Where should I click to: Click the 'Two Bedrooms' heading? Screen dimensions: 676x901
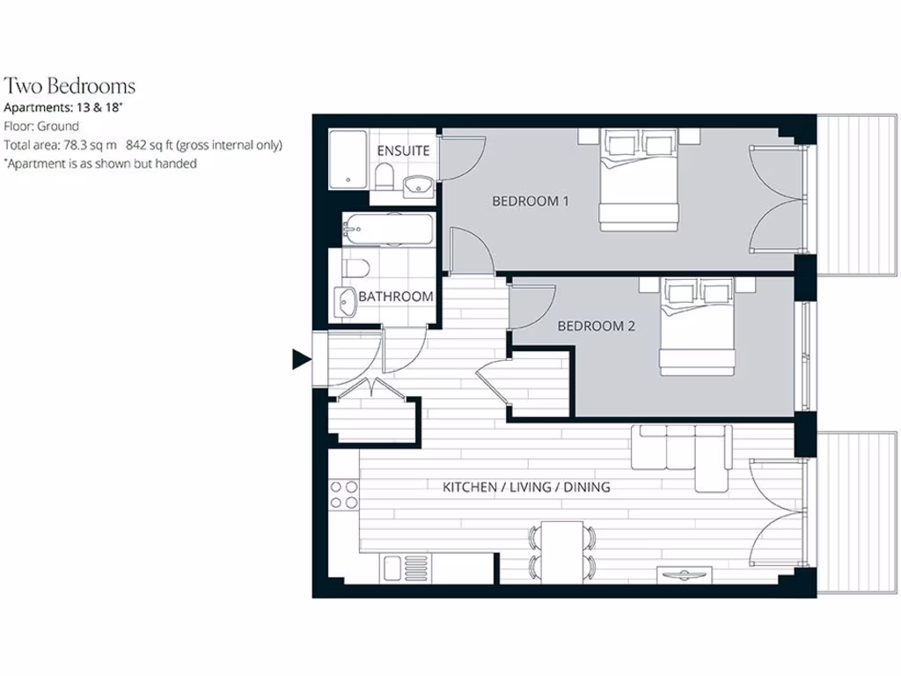(x=70, y=86)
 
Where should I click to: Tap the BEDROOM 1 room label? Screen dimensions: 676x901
(x=530, y=202)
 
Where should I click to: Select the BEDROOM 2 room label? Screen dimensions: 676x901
(x=596, y=326)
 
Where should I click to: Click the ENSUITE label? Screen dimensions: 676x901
(x=403, y=151)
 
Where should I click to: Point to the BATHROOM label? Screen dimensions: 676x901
(x=395, y=297)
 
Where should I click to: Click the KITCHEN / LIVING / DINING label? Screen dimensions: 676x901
(x=526, y=487)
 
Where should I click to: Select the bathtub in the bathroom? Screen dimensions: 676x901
(x=388, y=230)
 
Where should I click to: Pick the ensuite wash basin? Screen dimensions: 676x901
(x=418, y=186)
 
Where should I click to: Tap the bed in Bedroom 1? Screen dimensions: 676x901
(x=639, y=181)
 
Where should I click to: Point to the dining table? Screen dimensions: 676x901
(x=560, y=549)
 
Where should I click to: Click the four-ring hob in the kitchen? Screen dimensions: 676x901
(x=342, y=494)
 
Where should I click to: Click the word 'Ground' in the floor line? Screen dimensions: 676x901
(x=58, y=127)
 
